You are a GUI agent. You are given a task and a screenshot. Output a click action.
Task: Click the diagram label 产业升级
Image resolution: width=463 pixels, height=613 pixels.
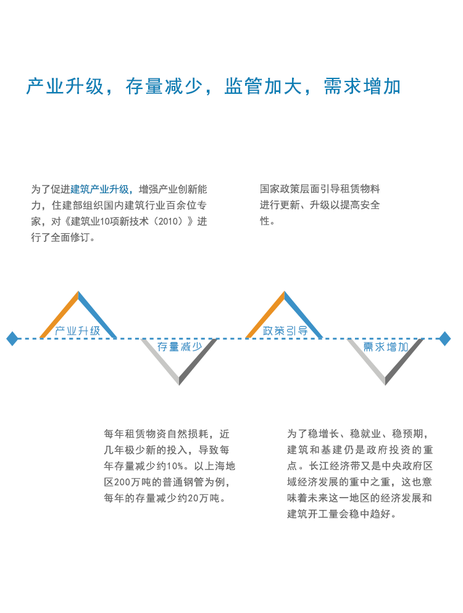pos(77,331)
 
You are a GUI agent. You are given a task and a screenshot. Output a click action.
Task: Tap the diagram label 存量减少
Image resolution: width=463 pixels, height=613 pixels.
pos(180,346)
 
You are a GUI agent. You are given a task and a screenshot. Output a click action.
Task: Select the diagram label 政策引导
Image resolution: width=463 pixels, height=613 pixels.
pos(285,331)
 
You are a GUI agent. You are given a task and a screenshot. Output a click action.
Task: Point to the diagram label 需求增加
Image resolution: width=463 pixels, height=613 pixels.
pos(386,346)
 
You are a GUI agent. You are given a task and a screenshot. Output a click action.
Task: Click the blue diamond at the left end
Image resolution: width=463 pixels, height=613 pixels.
pos(12,338)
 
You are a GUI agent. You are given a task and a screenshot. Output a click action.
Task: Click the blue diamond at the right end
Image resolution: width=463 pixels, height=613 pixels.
pos(444,338)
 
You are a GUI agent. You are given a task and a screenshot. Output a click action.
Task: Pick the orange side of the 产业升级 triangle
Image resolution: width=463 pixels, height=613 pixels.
pos(59,315)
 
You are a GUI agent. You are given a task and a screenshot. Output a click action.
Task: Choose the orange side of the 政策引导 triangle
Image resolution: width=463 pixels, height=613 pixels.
pos(265,315)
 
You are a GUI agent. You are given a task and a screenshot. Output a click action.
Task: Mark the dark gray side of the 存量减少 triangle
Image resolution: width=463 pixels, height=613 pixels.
pos(198,362)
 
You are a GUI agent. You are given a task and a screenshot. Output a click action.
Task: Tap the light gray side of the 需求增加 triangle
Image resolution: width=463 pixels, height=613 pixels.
pos(366,362)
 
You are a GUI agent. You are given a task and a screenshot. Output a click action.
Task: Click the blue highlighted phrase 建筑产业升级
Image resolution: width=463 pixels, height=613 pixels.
pos(99,190)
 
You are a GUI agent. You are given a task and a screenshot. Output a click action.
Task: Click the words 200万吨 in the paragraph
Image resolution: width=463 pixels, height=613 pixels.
pos(127,482)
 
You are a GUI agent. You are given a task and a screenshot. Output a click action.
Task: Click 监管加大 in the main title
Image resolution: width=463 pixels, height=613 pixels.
pos(263,86)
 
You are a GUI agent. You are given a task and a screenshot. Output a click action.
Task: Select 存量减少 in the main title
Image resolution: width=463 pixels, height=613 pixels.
pos(164,86)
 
